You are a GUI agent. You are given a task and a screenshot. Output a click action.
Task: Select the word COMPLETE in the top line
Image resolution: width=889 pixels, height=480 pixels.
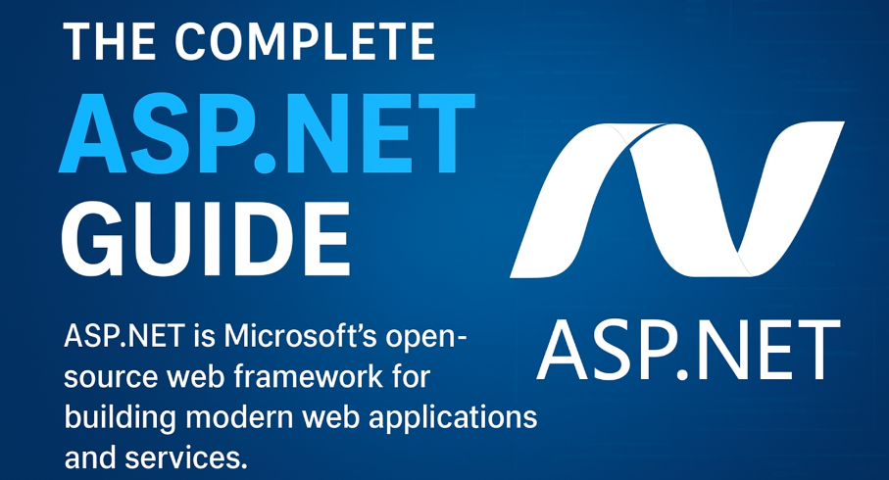pos(305,42)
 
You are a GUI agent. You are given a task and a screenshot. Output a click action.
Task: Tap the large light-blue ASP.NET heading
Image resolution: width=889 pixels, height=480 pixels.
pos(267,132)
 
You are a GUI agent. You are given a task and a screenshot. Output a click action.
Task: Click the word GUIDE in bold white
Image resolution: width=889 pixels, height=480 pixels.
pos(205,239)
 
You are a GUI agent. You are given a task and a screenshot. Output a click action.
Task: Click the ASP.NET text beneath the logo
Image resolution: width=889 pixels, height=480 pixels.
pos(688,351)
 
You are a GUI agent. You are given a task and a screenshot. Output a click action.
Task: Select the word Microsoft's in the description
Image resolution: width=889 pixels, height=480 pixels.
pos(300,336)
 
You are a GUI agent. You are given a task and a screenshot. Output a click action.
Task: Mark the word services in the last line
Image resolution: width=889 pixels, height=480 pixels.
pos(186,457)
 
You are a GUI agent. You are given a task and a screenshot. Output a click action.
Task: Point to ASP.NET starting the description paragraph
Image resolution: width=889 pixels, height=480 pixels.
pos(123,336)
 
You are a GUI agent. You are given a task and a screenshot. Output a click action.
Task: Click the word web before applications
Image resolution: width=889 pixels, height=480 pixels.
pos(330,417)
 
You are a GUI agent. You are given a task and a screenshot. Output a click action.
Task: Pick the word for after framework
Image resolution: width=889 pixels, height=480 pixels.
pos(411,377)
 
